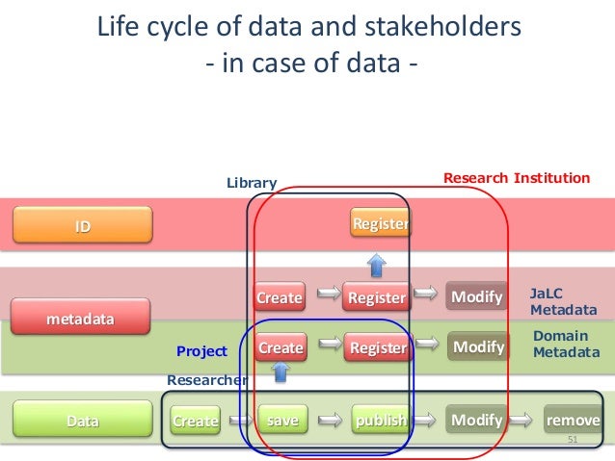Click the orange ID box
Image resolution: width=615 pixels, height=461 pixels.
[x=82, y=225]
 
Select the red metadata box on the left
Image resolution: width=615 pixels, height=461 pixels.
[x=82, y=317]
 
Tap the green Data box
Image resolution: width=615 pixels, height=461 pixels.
[x=82, y=420]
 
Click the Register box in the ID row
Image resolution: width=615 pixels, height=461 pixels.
[x=380, y=224]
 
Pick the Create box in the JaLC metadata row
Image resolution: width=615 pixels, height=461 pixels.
[x=279, y=297]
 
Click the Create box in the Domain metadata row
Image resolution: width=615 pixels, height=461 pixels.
[x=281, y=346]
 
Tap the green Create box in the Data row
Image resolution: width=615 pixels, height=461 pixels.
[x=195, y=421]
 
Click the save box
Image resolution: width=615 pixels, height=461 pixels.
[x=281, y=421]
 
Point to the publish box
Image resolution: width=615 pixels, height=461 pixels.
[x=380, y=421]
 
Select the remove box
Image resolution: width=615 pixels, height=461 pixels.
[x=573, y=421]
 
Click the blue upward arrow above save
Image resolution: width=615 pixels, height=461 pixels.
[x=281, y=384]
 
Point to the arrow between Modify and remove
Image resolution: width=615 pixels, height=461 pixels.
[x=523, y=421]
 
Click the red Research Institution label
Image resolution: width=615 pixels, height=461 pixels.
[x=516, y=178]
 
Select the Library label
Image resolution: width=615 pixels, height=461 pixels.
[x=252, y=182]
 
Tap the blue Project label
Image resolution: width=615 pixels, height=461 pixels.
[x=201, y=351]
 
